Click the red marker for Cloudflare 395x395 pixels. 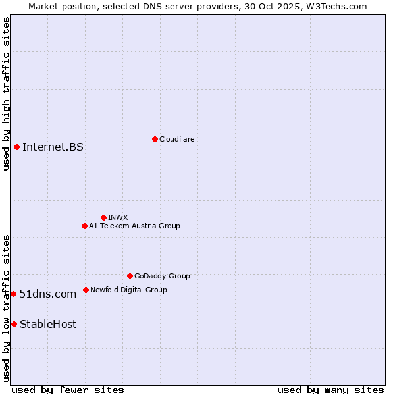click(x=155, y=139)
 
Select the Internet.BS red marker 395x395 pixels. click(x=16, y=147)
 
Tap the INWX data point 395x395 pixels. click(x=103, y=217)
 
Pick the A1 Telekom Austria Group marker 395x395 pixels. click(x=84, y=226)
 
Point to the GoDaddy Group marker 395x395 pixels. click(x=130, y=276)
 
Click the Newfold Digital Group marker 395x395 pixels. click(x=86, y=290)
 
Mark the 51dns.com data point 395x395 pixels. click(x=13, y=294)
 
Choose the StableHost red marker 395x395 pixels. click(x=14, y=324)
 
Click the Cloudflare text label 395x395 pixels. click(x=176, y=139)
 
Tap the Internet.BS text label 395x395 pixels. click(x=53, y=147)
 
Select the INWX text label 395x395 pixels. click(x=118, y=217)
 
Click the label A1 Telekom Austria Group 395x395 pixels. click(x=134, y=226)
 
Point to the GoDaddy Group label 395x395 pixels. click(x=162, y=276)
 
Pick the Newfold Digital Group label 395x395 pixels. click(x=128, y=290)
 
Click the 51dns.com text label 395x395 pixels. click(x=48, y=294)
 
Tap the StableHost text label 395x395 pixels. click(x=48, y=324)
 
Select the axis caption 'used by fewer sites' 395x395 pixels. click(x=68, y=390)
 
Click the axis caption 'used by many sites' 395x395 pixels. click(x=330, y=390)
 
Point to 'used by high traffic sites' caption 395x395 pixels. click(x=6, y=94)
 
